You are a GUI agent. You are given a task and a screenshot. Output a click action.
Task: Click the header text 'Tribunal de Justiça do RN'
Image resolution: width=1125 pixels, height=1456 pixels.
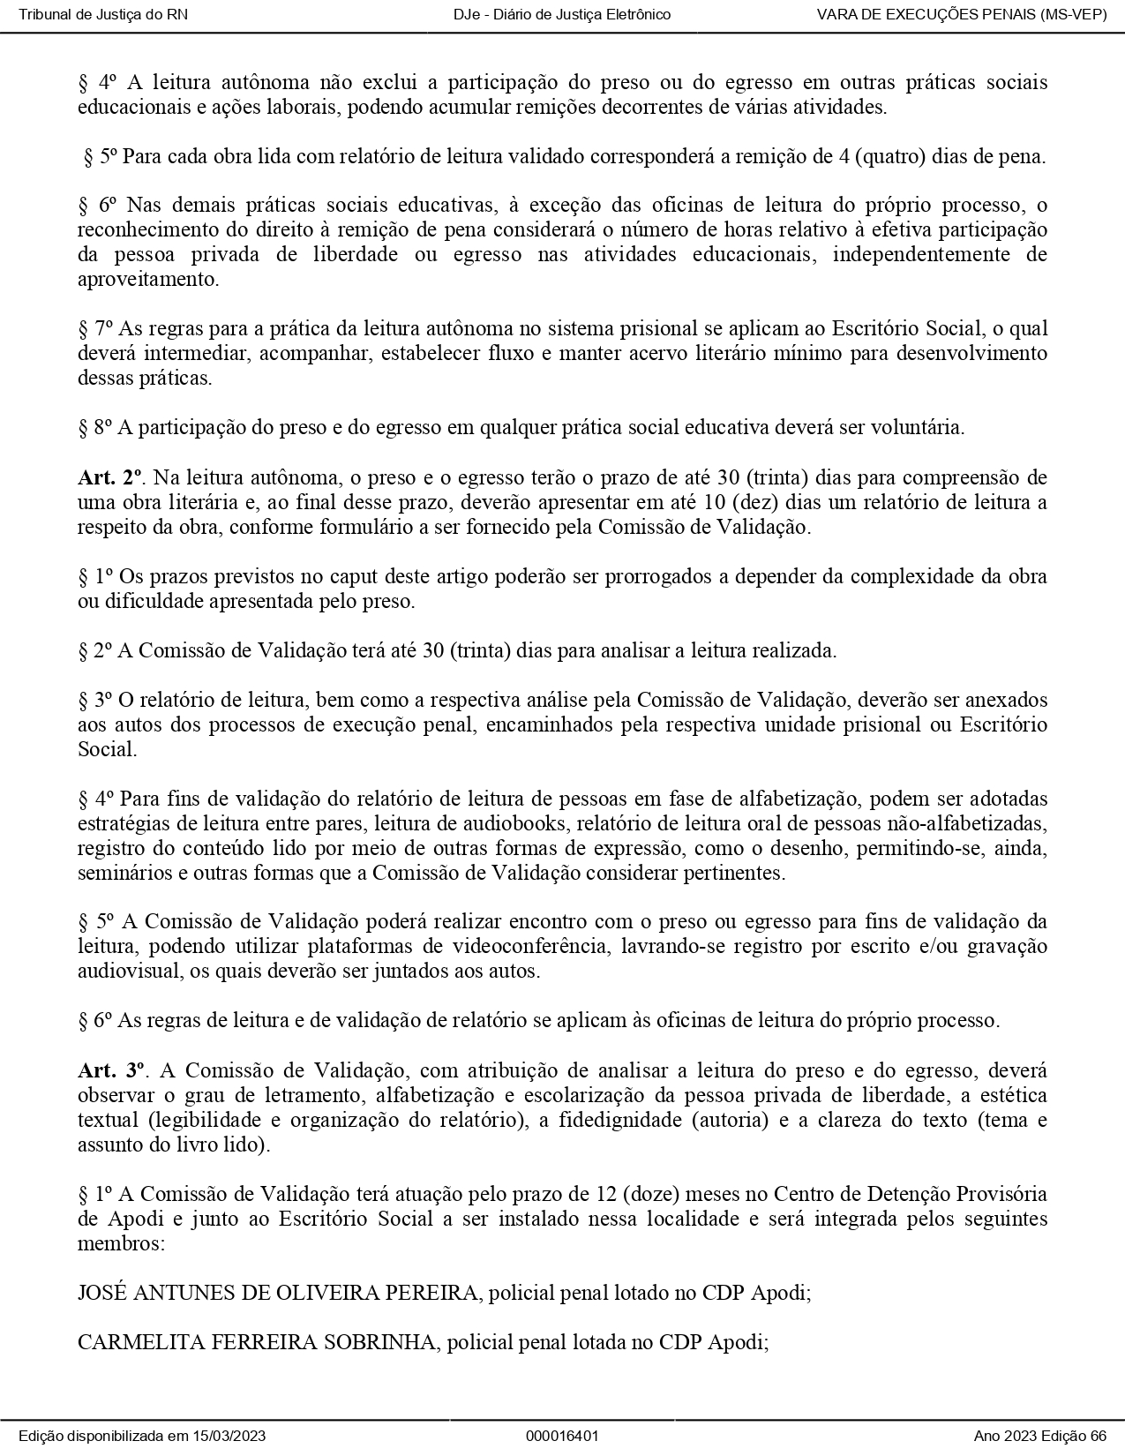pos(103,14)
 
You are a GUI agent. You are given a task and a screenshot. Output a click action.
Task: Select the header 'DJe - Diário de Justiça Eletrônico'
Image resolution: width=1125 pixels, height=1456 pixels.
pos(562,14)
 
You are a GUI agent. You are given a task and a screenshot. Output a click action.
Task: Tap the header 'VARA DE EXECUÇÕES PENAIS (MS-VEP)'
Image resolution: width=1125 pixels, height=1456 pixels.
pos(962,14)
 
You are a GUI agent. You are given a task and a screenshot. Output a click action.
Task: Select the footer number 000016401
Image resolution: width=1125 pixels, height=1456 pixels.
pos(562,1436)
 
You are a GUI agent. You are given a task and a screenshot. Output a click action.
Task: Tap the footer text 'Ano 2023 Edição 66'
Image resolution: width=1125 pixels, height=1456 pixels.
pos(1040,1436)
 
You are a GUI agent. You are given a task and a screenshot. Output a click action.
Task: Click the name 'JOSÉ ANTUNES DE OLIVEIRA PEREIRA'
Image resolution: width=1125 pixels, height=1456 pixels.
pos(278,1293)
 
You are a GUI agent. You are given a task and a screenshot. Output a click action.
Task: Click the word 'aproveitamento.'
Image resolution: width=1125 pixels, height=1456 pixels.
pos(147,280)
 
